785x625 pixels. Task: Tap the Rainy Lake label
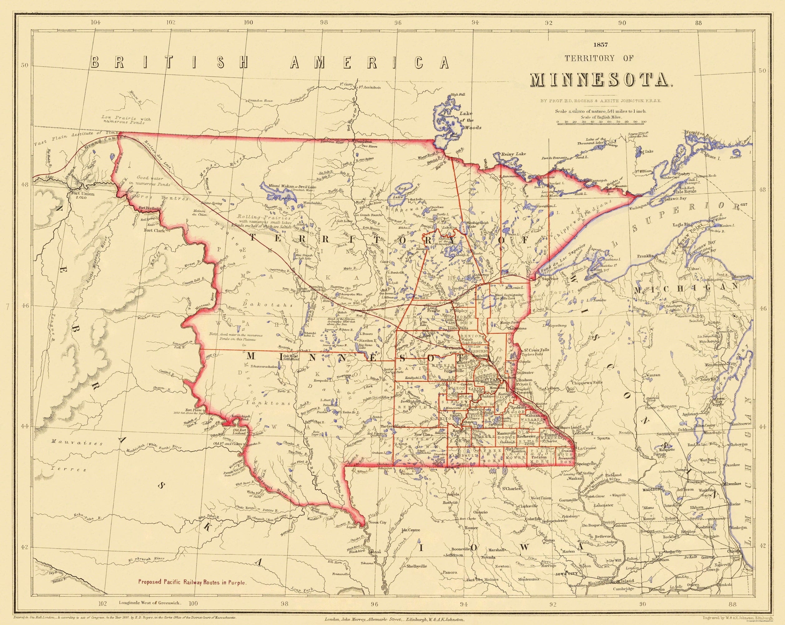tap(514, 154)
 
